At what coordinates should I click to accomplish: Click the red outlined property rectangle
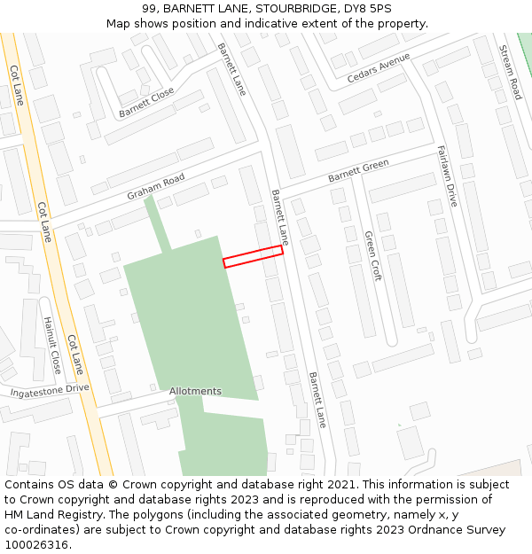253,256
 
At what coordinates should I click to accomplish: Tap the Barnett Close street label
146,102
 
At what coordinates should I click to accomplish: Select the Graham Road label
155,187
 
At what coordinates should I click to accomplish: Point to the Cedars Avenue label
379,67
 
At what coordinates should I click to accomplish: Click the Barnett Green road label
358,171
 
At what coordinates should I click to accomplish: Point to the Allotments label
195,391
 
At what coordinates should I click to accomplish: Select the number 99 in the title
149,9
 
